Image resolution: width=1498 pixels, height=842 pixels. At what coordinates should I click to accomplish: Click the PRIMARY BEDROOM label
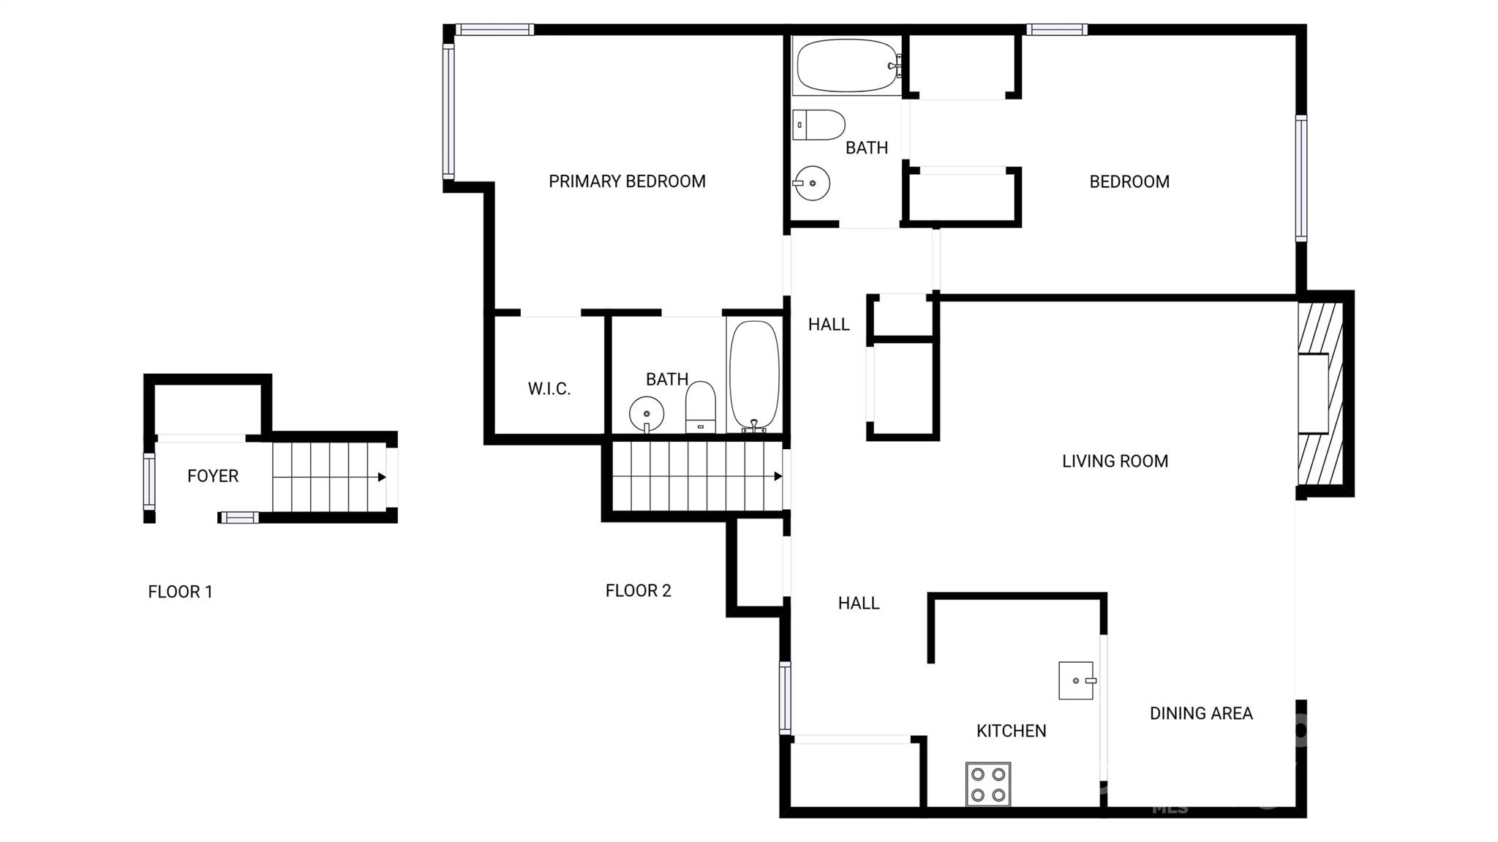627,181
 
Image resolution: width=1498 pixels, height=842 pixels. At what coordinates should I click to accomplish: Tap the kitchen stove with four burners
988,784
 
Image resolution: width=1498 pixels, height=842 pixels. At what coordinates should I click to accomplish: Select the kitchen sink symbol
1076,681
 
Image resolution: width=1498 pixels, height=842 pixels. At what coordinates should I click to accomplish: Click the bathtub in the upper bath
847,66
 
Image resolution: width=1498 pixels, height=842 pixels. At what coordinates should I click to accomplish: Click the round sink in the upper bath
812,183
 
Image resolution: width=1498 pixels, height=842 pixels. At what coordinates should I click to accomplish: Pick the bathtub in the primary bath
754,374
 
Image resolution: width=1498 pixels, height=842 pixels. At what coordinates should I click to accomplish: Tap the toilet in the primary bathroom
701,406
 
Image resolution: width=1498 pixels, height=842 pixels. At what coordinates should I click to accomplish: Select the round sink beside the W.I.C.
647,414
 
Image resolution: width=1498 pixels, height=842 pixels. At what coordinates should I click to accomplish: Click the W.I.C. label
549,389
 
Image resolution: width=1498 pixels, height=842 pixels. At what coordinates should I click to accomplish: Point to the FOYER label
213,476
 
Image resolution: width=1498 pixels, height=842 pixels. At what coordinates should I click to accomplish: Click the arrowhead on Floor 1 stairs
382,477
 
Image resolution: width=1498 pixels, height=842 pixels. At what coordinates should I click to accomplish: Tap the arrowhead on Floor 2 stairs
778,476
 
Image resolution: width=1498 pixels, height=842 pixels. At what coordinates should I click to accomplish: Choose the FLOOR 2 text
638,591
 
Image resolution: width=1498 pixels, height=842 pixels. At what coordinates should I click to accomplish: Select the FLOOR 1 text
180,592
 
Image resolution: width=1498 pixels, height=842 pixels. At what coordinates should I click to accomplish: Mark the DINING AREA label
1201,713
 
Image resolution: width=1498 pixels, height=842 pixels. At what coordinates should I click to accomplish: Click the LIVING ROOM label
1115,462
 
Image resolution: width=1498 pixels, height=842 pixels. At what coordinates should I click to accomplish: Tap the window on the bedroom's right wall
1301,178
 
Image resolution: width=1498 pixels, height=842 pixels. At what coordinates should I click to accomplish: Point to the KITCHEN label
1011,731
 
